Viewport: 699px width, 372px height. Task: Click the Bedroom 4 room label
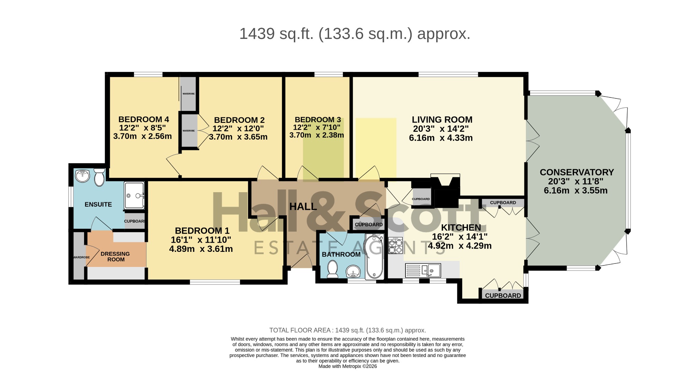[x=143, y=119]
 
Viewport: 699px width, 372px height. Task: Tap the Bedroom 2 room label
[x=239, y=120]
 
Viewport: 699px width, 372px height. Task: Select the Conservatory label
[x=577, y=172]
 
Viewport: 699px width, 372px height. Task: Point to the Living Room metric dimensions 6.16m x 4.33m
[x=441, y=138]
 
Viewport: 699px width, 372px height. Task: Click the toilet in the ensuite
[x=99, y=177]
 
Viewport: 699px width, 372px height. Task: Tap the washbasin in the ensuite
[x=82, y=175]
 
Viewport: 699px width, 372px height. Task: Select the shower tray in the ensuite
[x=134, y=195]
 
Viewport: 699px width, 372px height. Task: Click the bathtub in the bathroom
[x=374, y=256]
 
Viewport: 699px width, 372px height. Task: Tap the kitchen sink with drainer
[x=423, y=271]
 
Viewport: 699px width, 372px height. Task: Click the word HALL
[x=303, y=206]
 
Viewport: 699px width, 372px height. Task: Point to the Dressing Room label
[x=115, y=257]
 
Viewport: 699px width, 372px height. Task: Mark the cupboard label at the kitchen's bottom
[x=503, y=296]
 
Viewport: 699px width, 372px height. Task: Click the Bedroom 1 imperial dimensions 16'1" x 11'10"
[x=201, y=240]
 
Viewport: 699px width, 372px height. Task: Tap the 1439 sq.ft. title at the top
[x=355, y=34]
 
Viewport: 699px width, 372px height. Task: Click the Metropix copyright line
[x=347, y=366]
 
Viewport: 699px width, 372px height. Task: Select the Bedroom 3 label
[x=318, y=120]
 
